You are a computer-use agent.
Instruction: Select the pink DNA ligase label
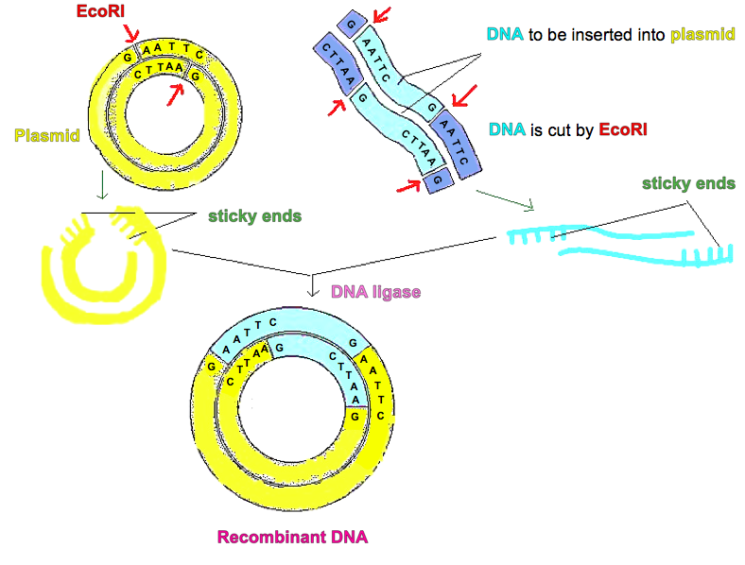375,292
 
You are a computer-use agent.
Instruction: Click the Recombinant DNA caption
292,538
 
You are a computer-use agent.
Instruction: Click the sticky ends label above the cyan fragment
689,183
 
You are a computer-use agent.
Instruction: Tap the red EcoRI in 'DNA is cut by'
623,128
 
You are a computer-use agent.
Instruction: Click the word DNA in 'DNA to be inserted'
502,35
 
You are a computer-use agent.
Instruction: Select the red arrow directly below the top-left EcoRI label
125,33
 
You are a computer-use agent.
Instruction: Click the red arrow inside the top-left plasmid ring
173,93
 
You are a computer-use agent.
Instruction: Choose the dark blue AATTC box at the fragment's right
457,146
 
